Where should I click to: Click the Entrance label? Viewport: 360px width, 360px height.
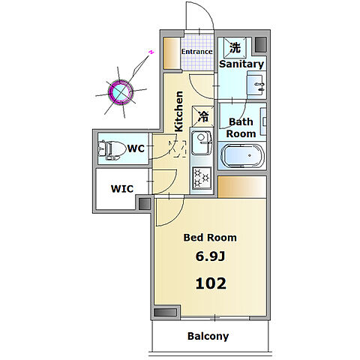pos(196,52)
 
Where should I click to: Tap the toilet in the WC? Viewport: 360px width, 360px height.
pos(112,149)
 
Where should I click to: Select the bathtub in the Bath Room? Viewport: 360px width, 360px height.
pos(242,156)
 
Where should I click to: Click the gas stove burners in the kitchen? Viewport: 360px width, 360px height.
pos(202,178)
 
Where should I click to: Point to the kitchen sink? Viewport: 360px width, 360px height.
pos(202,142)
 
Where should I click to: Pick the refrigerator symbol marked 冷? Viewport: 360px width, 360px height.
pos(203,116)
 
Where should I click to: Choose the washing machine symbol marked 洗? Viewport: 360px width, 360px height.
pos(235,47)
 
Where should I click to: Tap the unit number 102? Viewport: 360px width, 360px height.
pos(211,283)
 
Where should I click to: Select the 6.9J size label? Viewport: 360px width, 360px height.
pos(210,256)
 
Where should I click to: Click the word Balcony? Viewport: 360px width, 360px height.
pos(208,336)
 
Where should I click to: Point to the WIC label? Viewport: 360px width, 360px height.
pos(122,189)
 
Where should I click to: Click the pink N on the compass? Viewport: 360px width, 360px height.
pos(151,52)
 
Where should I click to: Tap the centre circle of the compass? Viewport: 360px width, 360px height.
pos(121,91)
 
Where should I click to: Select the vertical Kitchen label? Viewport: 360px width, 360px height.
pos(178,111)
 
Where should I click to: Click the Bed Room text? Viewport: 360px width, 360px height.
pos(210,238)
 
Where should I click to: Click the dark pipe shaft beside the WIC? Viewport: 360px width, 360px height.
pos(145,203)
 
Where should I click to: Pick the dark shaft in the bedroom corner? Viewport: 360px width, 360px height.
pos(165,312)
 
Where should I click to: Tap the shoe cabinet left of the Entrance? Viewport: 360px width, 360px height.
pos(172,53)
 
